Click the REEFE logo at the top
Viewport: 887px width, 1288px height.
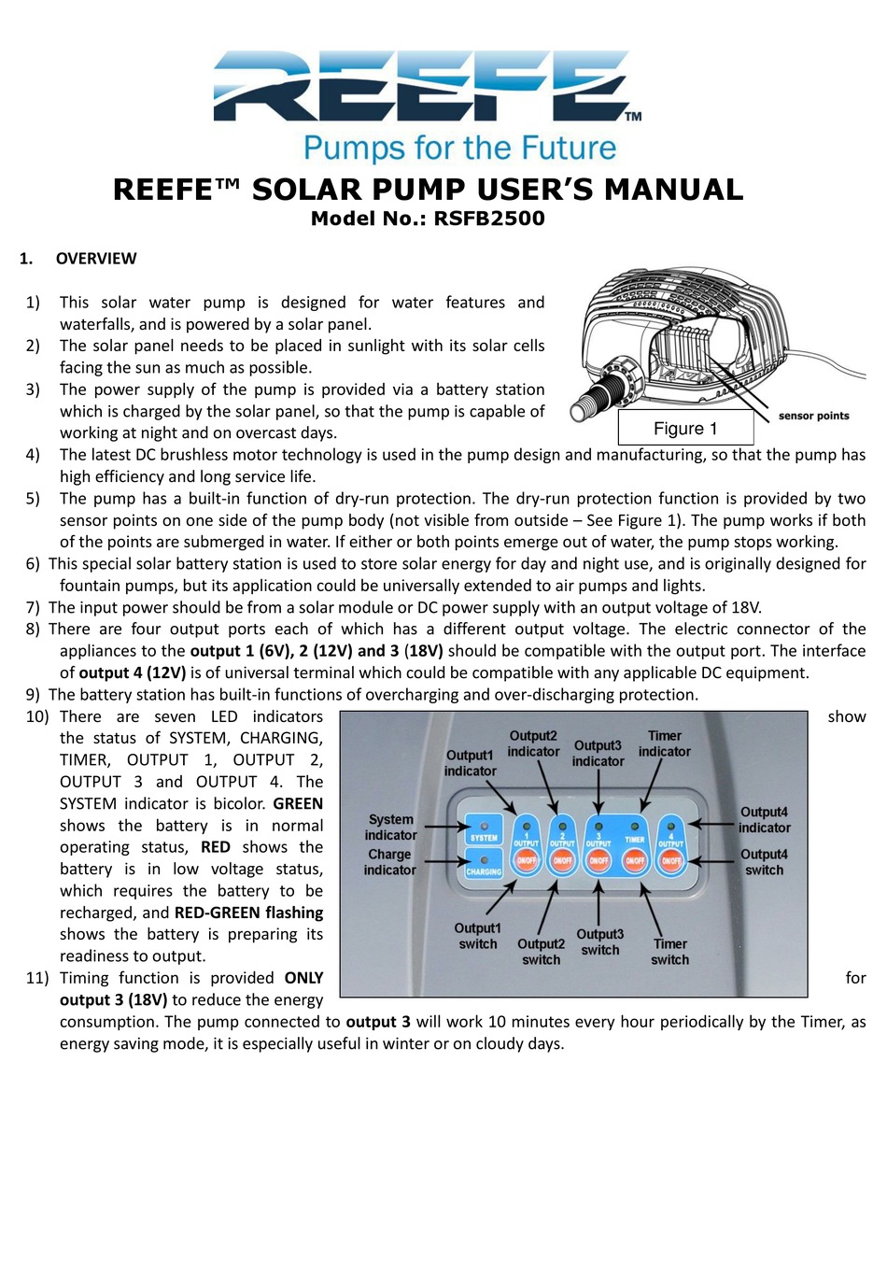pos(426,87)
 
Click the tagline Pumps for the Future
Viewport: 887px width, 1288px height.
pos(459,149)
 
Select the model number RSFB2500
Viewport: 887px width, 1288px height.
pos(489,219)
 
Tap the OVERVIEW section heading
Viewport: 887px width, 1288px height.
pos(95,259)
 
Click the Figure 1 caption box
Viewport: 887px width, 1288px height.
pos(685,429)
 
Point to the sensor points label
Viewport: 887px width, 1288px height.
pos(813,416)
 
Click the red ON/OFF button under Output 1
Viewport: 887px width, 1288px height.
pos(527,860)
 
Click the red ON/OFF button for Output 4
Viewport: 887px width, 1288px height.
pos(671,860)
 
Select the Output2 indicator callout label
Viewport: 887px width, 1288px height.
pos(533,743)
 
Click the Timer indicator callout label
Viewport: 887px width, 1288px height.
pos(665,743)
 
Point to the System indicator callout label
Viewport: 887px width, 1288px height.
pos(390,828)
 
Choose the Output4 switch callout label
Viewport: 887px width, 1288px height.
pos(764,862)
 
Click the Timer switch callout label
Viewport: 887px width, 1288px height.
pos(669,952)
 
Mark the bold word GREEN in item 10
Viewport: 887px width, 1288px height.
pos(298,804)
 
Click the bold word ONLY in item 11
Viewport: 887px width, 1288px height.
pos(303,978)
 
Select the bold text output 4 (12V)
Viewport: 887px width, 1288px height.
pos(132,673)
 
